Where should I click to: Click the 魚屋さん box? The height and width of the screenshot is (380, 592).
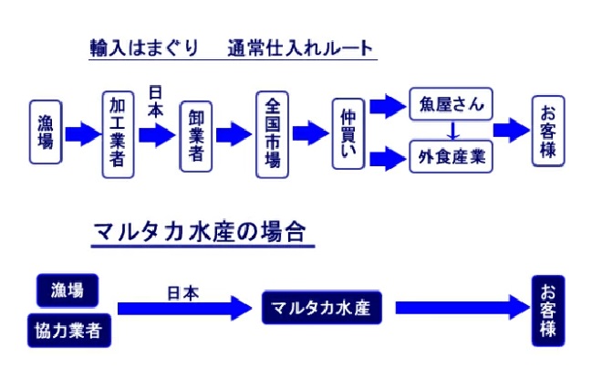451,103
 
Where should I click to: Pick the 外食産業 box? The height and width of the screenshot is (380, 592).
451,156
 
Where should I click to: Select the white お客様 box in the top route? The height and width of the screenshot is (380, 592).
547,131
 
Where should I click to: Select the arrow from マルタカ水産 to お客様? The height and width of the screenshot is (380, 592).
461,308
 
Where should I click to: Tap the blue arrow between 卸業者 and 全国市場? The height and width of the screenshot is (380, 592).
234,134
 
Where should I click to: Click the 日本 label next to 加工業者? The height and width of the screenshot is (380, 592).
156,101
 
